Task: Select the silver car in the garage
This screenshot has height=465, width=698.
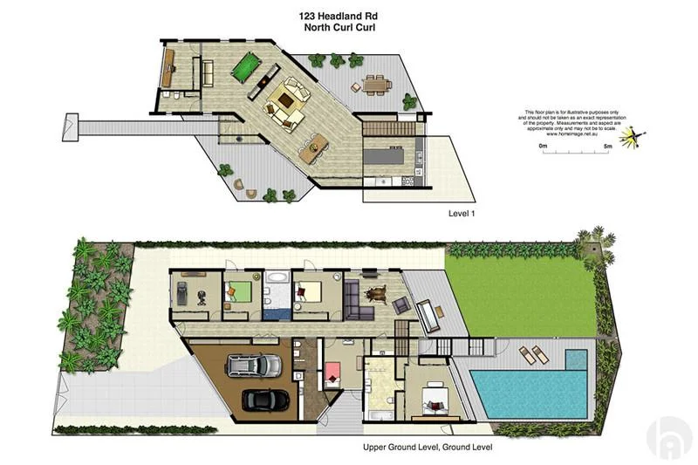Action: pos(254,364)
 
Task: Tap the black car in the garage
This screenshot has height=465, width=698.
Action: pos(265,400)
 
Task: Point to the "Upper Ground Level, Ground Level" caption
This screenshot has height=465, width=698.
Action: pos(428,448)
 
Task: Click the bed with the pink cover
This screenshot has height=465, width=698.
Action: pos(334,374)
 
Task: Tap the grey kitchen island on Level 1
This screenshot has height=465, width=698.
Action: pos(385,160)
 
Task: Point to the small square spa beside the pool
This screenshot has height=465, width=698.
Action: pos(576,359)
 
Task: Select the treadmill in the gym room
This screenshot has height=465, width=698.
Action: pos(181,294)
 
